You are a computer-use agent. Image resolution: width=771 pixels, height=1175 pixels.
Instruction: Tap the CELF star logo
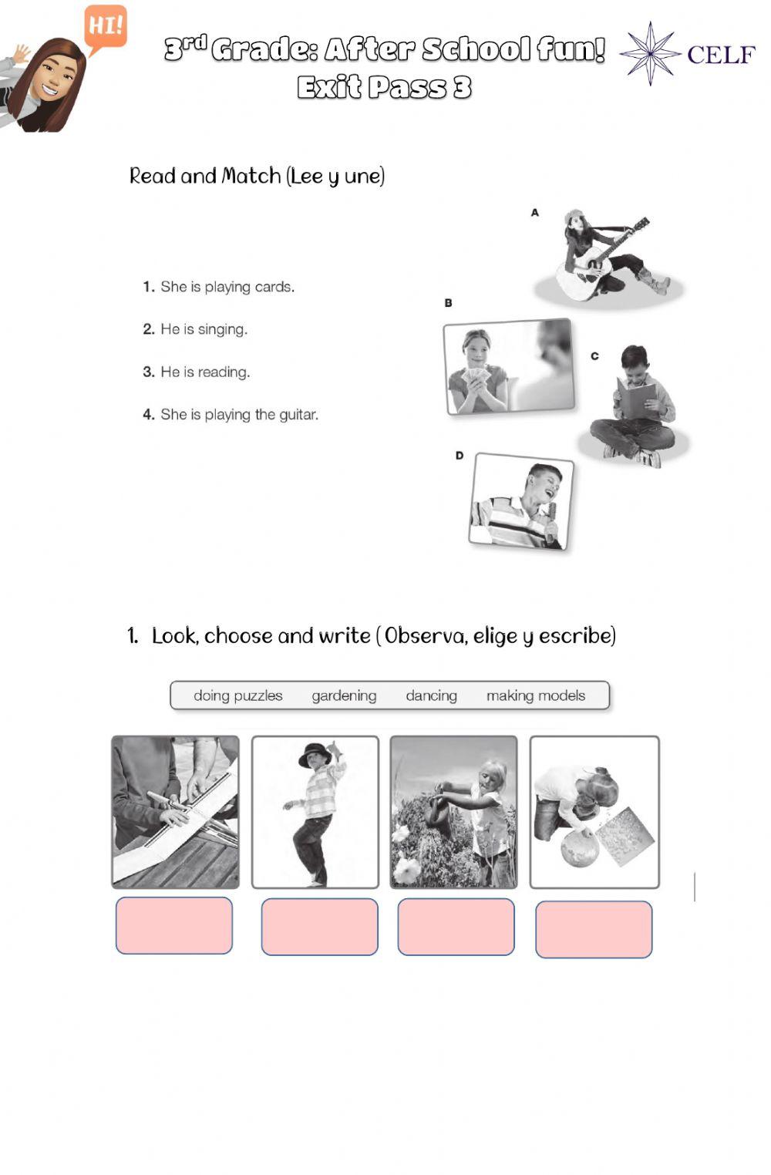pyautogui.click(x=650, y=53)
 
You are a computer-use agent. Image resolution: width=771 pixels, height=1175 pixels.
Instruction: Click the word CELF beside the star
pyautogui.click(x=721, y=55)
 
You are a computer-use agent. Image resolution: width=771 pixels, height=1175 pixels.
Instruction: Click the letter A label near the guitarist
pyautogui.click(x=534, y=213)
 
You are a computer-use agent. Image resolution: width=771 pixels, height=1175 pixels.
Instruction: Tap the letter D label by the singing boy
pyautogui.click(x=460, y=456)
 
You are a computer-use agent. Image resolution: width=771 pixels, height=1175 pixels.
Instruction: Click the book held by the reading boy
pyautogui.click(x=635, y=398)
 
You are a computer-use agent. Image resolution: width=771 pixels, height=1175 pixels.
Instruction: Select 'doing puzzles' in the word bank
pyautogui.click(x=238, y=695)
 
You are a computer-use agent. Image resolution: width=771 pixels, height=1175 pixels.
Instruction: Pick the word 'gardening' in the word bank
pyautogui.click(x=344, y=696)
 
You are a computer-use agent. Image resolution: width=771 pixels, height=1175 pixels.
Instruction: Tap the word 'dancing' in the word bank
pyautogui.click(x=432, y=696)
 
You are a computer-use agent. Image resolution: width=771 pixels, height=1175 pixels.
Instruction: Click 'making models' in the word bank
pyautogui.click(x=536, y=695)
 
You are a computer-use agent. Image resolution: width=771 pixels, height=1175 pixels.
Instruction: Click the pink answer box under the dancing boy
pyautogui.click(x=319, y=927)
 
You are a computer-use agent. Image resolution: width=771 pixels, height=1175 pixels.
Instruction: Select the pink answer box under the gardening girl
pyautogui.click(x=456, y=927)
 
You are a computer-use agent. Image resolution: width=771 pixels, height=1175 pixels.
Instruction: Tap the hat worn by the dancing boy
pyautogui.click(x=315, y=755)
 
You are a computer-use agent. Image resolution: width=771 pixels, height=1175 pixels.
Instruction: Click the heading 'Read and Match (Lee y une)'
pyautogui.click(x=257, y=177)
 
